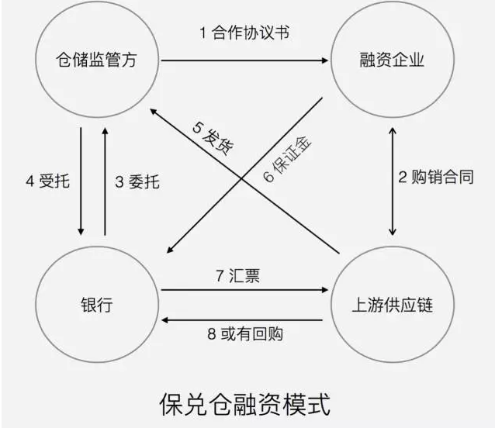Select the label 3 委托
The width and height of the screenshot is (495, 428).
tap(137, 182)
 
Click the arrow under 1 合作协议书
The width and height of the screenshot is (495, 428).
tap(243, 59)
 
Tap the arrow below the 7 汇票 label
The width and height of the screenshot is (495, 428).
tap(243, 291)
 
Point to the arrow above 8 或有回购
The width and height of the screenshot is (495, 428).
tap(243, 319)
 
